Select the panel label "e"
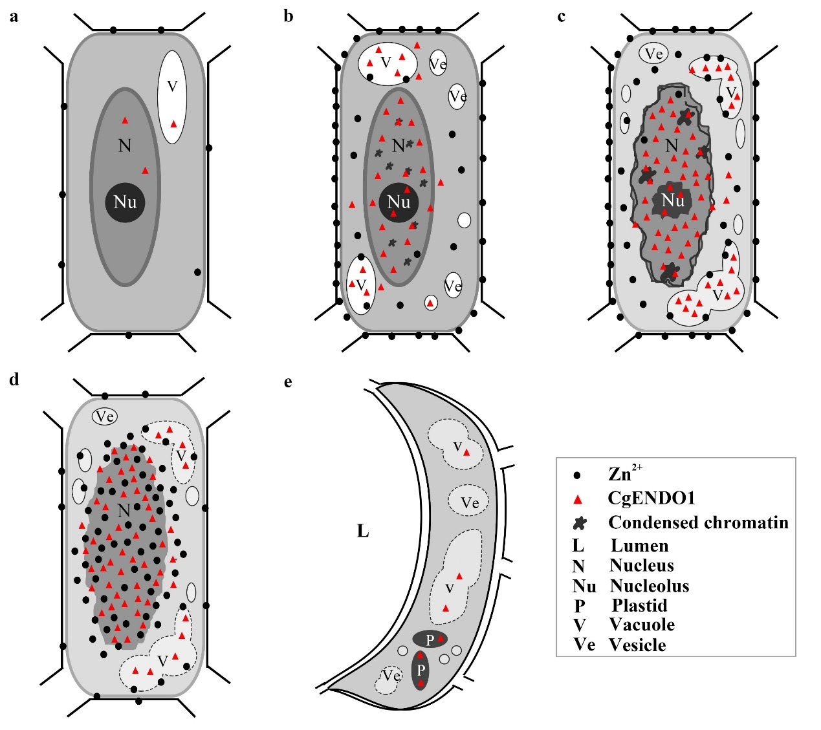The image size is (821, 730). [x=288, y=381]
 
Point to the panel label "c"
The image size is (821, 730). [x=561, y=16]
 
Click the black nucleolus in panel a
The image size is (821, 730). [x=125, y=202]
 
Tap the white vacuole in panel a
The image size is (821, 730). [x=172, y=97]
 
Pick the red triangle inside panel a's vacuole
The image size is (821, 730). [x=173, y=124]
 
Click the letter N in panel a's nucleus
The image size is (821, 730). [x=125, y=145]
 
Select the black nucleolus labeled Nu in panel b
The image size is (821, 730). [x=399, y=202]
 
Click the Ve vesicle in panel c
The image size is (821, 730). [x=654, y=54]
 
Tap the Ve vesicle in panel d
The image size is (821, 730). [x=105, y=416]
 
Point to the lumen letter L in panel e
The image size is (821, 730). [x=363, y=531]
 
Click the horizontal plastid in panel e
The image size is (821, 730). [x=431, y=639]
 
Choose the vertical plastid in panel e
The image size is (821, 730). [x=421, y=670]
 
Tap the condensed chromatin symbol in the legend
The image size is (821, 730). [x=580, y=523]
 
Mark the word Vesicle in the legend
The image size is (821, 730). [x=637, y=645]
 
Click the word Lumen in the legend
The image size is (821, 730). [x=639, y=546]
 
